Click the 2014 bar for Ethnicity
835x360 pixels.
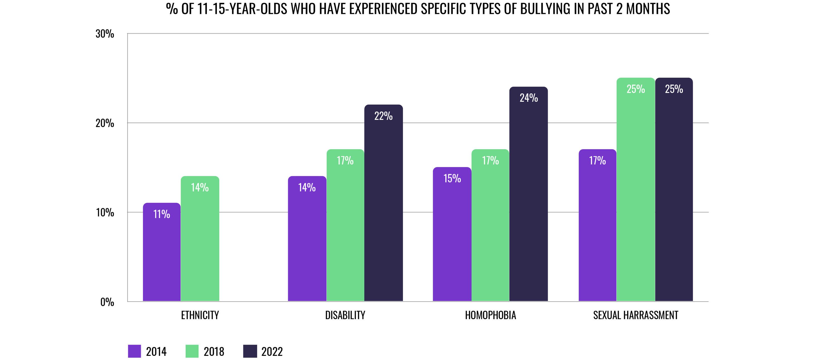(x=161, y=256)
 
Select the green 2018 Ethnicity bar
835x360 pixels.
(x=200, y=243)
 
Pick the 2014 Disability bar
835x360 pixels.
(x=307, y=243)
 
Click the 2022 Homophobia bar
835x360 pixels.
(x=528, y=201)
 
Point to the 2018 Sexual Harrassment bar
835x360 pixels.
(x=635, y=195)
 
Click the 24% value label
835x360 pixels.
(x=529, y=98)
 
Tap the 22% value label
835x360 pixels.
(x=384, y=116)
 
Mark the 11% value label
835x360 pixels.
(x=161, y=214)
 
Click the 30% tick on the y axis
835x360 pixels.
(x=105, y=34)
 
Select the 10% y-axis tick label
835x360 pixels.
(x=105, y=213)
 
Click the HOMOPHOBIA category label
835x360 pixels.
(x=490, y=315)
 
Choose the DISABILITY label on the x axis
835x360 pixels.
(x=345, y=315)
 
